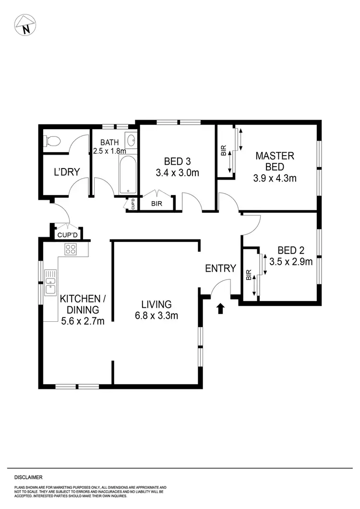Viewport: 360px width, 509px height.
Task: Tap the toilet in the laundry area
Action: tap(53, 141)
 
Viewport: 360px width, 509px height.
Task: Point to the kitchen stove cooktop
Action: tap(71, 249)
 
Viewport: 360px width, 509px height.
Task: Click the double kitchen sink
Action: tap(50, 282)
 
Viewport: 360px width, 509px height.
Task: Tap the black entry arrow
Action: tap(221, 308)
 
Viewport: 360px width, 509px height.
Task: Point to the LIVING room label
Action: tap(156, 304)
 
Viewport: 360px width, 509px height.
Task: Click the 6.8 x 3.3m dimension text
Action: tap(156, 315)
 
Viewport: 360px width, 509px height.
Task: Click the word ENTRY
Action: tap(220, 268)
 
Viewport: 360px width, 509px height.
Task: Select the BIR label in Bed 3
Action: tap(156, 204)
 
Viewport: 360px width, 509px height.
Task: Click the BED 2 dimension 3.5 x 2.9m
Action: tap(291, 262)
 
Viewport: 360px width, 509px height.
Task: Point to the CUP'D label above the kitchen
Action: tap(67, 235)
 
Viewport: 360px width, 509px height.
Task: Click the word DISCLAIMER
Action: tap(28, 477)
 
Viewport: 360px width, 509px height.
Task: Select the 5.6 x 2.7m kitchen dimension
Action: tap(83, 321)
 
